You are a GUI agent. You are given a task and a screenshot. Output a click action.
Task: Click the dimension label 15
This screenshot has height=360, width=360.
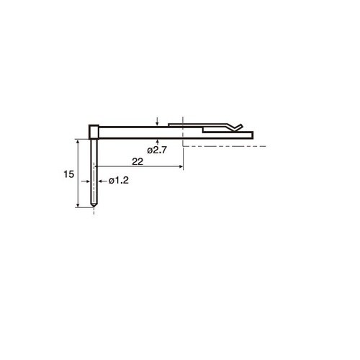[x=68, y=174]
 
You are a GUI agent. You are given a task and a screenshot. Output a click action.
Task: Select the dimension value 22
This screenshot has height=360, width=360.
[x=138, y=162]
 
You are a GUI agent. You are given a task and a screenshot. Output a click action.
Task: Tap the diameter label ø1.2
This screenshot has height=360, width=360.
[x=119, y=181]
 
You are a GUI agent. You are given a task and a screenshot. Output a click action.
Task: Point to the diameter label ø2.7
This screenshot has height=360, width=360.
[x=157, y=150]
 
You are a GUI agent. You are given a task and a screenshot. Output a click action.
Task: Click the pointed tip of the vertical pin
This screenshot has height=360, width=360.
[x=94, y=207]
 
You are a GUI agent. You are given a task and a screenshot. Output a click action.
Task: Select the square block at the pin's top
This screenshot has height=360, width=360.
[x=94, y=132]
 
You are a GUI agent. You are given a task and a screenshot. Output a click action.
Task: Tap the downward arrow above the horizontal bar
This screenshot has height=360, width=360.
[x=157, y=122]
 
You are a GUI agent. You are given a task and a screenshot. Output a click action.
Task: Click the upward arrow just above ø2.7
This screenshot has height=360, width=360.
[x=157, y=142]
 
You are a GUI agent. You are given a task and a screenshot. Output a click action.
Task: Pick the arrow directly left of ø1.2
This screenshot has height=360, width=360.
[x=102, y=181]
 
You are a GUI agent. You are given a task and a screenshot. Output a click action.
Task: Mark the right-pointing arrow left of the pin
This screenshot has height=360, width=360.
[x=86, y=181]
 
